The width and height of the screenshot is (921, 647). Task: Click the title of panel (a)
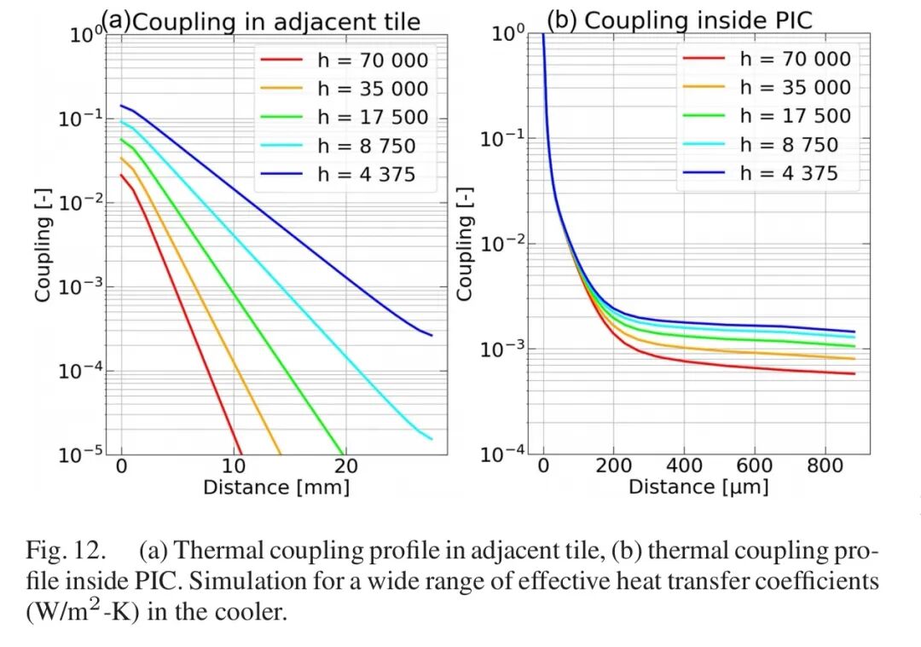point(262,21)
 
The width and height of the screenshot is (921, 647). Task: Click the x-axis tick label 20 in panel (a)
point(346,466)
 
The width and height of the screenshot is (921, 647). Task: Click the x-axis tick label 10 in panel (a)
point(234,466)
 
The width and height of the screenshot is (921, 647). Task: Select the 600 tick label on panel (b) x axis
point(754,466)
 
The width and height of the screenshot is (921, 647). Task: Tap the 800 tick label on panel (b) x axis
point(824,466)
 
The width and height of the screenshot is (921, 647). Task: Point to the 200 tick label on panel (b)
point(614,466)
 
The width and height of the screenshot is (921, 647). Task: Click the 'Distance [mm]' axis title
point(276,488)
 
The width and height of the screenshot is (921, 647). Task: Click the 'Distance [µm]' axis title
point(698,488)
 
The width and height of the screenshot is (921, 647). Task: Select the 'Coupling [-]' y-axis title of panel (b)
point(465,245)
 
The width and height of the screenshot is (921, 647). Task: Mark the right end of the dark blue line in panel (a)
point(432,335)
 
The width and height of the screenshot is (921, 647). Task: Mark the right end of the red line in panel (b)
point(854,373)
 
